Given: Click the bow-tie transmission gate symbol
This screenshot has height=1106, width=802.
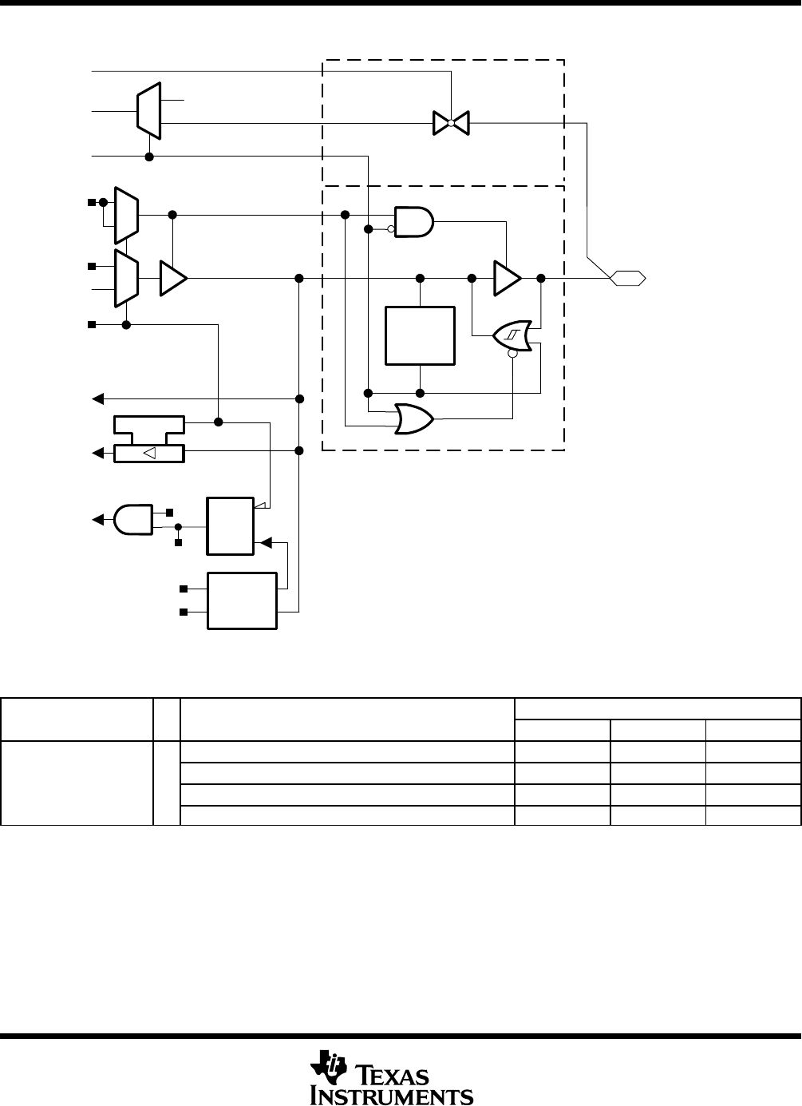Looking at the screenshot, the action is pos(450,123).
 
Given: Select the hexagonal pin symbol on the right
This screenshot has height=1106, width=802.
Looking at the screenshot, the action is pos(627,278).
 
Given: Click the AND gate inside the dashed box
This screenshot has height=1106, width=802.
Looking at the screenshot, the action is pos(414,222).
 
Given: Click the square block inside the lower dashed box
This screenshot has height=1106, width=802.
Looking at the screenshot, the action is pos(420,335).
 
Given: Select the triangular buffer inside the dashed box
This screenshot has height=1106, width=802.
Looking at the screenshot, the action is pos(507,278).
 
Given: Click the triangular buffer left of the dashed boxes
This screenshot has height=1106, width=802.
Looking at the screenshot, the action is pos(172,278).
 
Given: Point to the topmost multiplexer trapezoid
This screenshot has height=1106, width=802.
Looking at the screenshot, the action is pos(149,109).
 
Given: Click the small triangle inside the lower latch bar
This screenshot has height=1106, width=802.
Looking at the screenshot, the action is pos(149,454).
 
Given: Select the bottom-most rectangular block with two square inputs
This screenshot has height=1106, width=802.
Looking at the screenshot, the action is pos(243,601).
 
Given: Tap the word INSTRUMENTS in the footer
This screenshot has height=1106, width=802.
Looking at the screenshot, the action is pos(391,1095).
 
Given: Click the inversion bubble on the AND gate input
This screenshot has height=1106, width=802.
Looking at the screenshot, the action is pos(391,229).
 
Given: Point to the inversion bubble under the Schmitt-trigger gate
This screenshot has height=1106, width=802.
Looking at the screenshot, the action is pos(512,356).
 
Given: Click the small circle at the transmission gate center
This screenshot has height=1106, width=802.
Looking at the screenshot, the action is pos(450,123).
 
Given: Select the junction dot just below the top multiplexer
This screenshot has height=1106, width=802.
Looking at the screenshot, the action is pos(149,157).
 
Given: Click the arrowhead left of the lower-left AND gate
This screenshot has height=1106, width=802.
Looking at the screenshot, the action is pos(97,519).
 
